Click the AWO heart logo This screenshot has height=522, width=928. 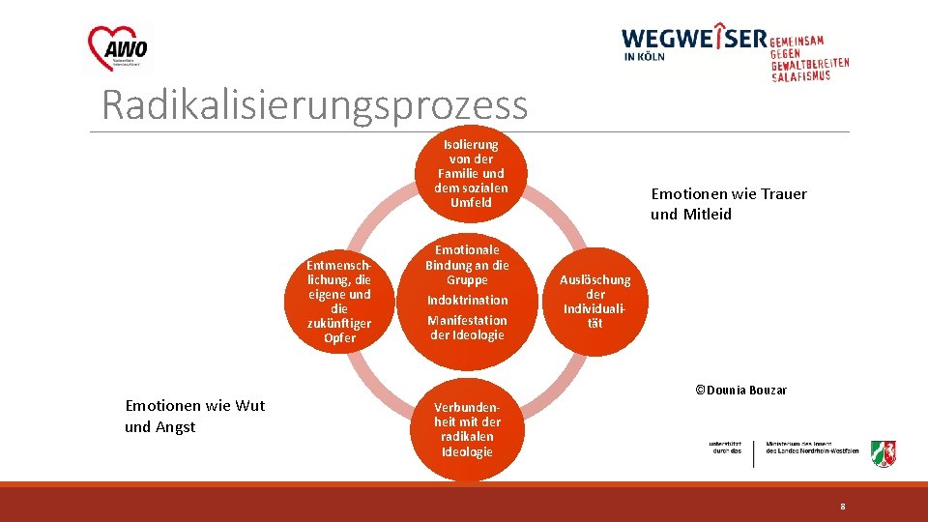point(118,48)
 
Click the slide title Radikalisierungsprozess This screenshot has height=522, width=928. point(314,104)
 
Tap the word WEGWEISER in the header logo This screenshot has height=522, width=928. point(693,39)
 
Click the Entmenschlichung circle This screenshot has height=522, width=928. point(339,301)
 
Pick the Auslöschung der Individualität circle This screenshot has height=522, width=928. point(594,301)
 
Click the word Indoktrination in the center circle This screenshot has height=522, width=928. point(467,300)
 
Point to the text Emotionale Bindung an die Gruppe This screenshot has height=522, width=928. point(467,265)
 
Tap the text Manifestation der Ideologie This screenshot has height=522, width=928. point(467,328)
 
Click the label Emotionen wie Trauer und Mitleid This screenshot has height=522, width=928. point(728,204)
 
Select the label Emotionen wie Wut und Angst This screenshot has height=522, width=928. point(194,416)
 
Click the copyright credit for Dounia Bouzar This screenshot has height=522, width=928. point(740,391)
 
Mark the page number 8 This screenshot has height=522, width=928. point(842,507)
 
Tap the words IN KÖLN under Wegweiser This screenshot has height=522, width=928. point(643,56)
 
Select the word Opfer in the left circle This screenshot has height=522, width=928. point(339,338)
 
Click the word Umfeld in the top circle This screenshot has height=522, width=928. point(470,203)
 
